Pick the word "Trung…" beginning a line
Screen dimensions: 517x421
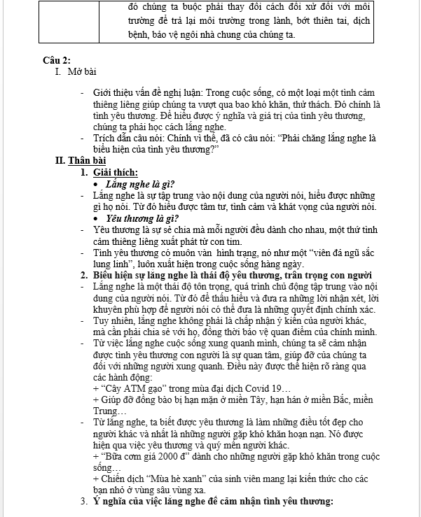pos(106,410)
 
